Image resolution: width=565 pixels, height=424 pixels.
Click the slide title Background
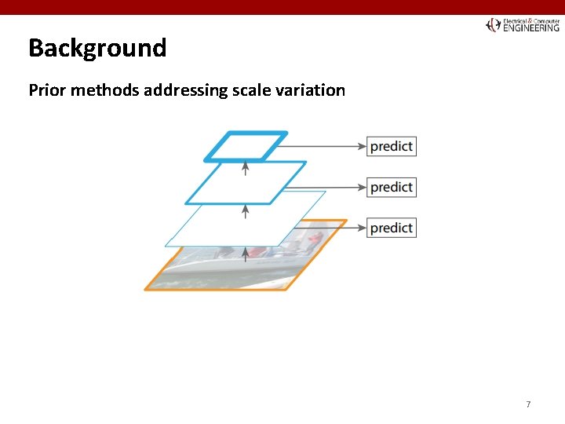(97, 49)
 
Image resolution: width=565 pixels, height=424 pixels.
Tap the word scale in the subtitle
(250, 90)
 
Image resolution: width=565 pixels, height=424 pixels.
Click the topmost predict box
(392, 146)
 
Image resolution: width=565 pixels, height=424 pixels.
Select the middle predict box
(392, 187)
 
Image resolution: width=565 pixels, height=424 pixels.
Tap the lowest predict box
(392, 228)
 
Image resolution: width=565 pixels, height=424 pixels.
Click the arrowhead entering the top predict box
(362, 146)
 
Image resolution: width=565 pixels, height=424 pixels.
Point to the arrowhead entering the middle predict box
(362, 187)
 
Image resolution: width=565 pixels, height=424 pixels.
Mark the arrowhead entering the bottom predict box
(362, 228)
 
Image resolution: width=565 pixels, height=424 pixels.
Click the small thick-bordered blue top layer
(246, 146)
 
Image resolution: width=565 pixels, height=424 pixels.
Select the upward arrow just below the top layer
(246, 168)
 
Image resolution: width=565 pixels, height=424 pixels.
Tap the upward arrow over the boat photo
(246, 253)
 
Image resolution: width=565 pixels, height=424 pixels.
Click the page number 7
(528, 404)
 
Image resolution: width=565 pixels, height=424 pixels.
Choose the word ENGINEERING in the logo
(531, 28)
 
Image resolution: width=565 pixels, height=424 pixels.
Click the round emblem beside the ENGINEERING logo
(493, 25)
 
